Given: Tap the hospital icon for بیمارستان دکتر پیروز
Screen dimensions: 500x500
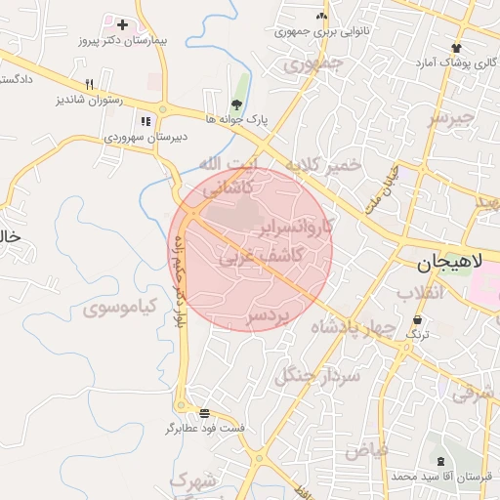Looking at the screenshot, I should coord(122,23).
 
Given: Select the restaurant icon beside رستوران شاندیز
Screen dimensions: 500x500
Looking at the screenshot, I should coord(89,84).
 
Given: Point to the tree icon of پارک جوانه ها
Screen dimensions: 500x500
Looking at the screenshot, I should coord(236,103).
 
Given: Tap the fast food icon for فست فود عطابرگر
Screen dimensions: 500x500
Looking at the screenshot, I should coord(203,413).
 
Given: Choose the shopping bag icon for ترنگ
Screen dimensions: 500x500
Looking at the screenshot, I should coord(418,319).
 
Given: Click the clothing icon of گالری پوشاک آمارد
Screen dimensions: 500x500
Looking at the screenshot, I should coord(455,47).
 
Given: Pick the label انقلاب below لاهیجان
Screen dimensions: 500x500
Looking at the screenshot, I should coord(421,293).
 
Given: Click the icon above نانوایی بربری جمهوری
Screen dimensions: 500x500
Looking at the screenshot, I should coord(321,16).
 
